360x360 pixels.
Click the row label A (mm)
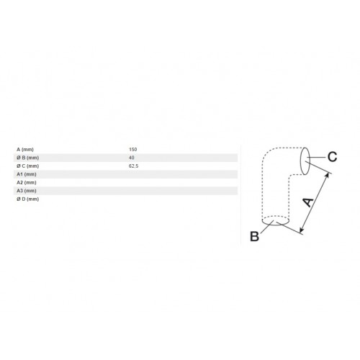tap(25, 150)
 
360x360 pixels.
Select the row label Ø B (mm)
tap(27, 158)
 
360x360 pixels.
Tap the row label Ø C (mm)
tap(27, 166)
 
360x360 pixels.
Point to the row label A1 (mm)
tap(27, 174)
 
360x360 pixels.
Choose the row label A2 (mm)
tap(27, 183)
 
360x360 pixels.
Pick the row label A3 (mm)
tap(27, 191)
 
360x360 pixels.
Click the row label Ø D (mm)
tap(27, 199)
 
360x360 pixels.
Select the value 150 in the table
tap(132, 150)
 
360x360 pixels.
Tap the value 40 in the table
tap(131, 158)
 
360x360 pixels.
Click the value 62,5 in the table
tap(133, 166)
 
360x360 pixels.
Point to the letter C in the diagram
tap(333, 157)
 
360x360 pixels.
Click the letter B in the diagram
tap(254, 236)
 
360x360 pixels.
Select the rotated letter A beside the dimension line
tap(308, 202)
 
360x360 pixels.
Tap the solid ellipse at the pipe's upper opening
tap(300, 161)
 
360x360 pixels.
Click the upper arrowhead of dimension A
tap(327, 175)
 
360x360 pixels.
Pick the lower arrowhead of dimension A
tap(302, 230)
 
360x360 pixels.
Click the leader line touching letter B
tap(267, 227)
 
